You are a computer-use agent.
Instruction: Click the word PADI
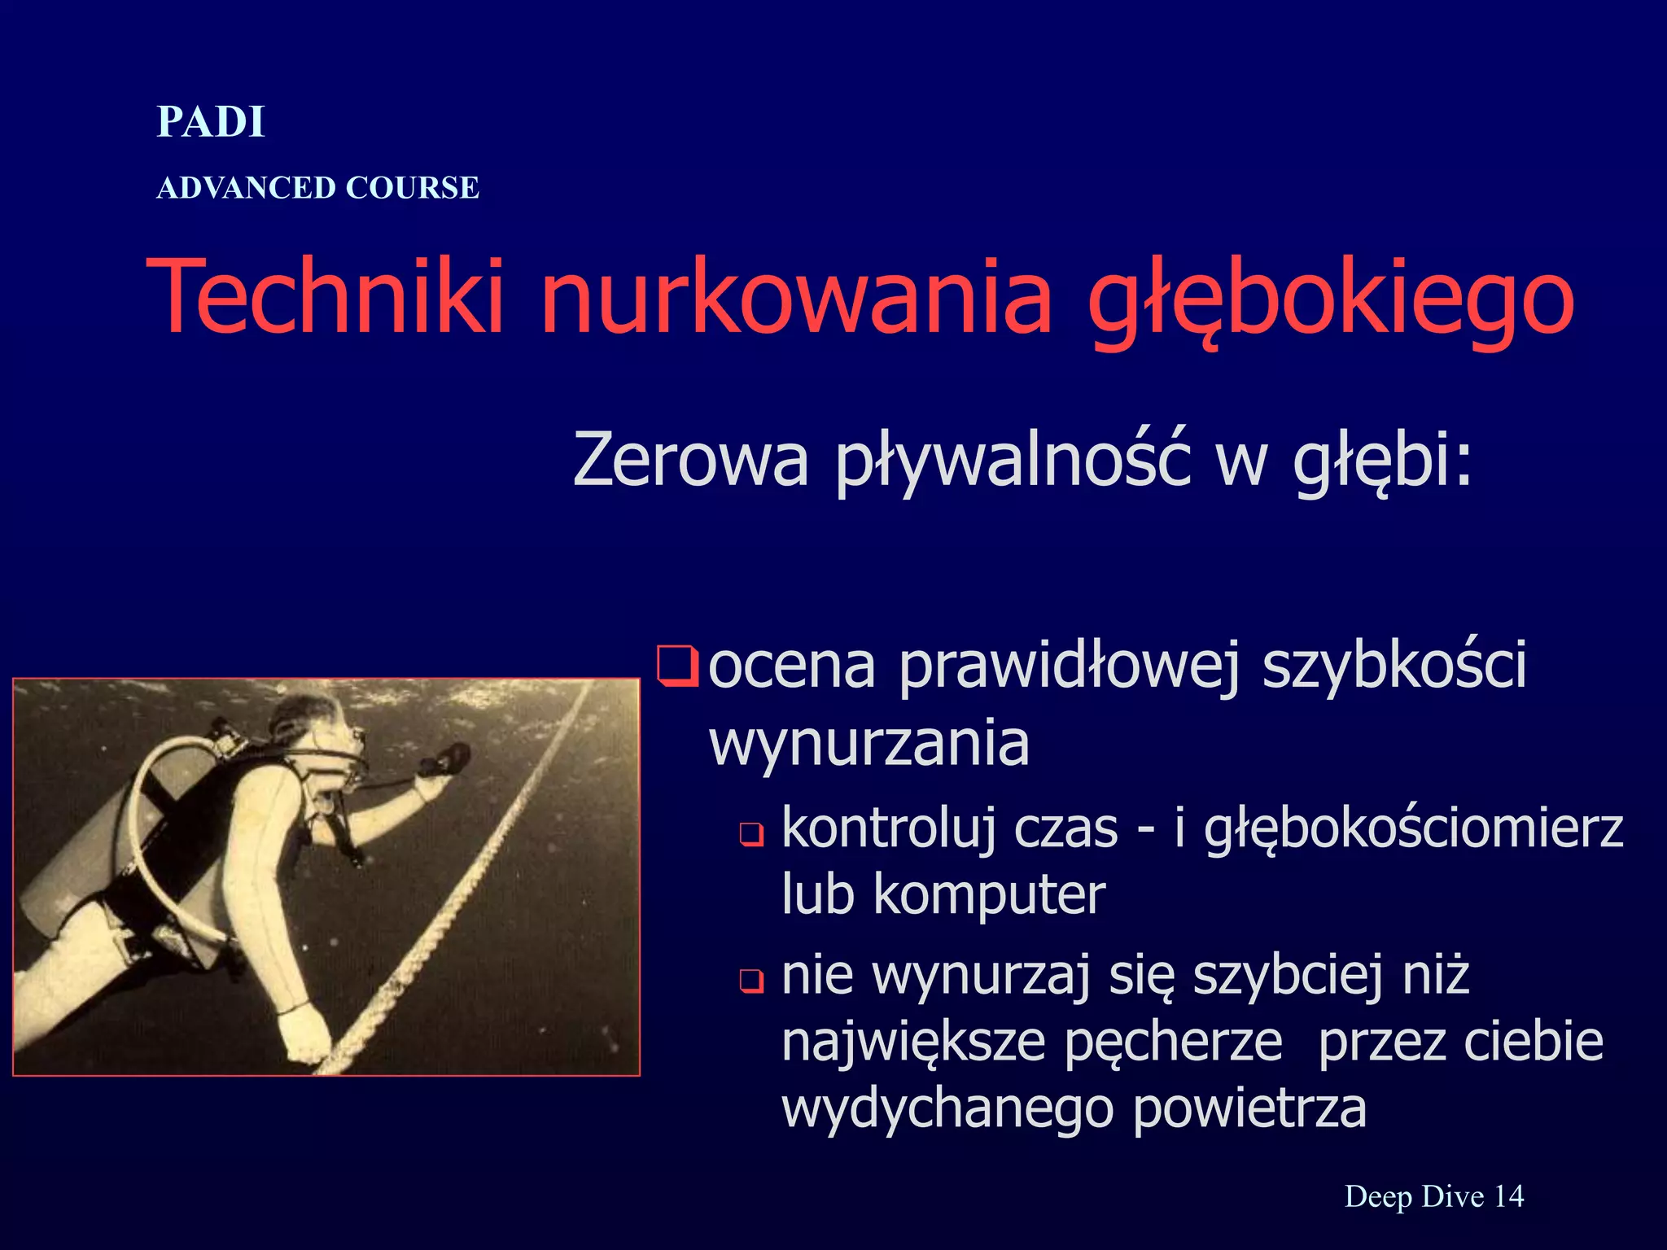coord(211,122)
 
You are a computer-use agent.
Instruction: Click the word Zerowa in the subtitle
coord(690,459)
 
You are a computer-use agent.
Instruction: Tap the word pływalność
coord(1013,461)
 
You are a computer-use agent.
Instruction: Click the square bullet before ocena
coord(676,667)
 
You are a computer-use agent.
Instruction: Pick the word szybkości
coord(1394,667)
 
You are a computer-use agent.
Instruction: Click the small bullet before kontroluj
coord(750,834)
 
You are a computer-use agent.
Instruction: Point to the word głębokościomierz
coord(1413,830)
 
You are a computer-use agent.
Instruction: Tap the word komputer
coord(989,894)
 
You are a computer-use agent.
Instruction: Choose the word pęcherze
coord(1172,1043)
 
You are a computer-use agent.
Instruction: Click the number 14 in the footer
coord(1509,1196)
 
